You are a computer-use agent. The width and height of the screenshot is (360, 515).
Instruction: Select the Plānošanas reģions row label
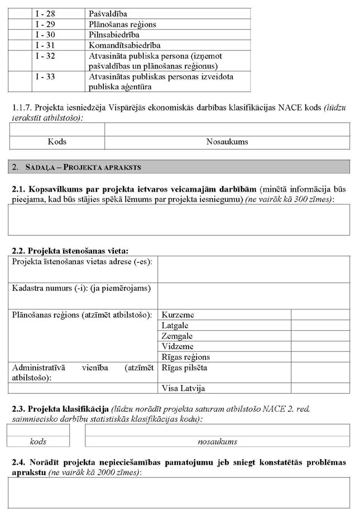pos(122,24)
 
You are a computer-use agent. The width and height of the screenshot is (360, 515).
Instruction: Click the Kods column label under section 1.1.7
pos(57,142)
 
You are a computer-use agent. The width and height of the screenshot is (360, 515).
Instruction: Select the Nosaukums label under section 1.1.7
pos(227,142)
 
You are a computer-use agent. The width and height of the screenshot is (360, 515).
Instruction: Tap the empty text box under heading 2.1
pos(179,219)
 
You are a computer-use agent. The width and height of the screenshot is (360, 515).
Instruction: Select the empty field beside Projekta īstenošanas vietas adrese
pos(253,269)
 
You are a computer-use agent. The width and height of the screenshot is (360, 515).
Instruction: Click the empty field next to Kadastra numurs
pos(253,295)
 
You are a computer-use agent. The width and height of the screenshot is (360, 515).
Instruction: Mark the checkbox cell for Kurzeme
pos(320,315)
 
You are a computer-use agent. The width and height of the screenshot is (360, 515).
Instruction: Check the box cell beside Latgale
pos(320,326)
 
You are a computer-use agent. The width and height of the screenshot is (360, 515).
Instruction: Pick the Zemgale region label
pos(177,336)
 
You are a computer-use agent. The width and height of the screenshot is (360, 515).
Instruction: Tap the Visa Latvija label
pos(181,388)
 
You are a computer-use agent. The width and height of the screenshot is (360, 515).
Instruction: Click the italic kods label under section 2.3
pos(38,441)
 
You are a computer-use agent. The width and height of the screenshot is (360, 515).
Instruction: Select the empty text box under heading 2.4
pos(179,493)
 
